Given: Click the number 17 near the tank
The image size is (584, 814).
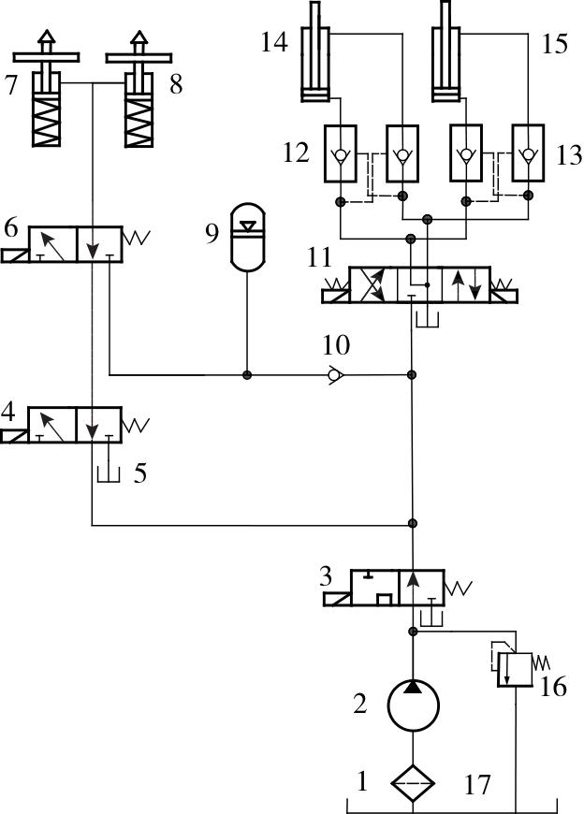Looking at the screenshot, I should (x=477, y=784).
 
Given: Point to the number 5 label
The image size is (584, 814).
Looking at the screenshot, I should (x=139, y=472).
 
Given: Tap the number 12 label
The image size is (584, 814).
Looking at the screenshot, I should (x=296, y=152).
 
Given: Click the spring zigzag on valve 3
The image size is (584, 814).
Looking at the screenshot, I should (x=460, y=589).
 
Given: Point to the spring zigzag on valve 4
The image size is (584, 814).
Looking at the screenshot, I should (x=136, y=424).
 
